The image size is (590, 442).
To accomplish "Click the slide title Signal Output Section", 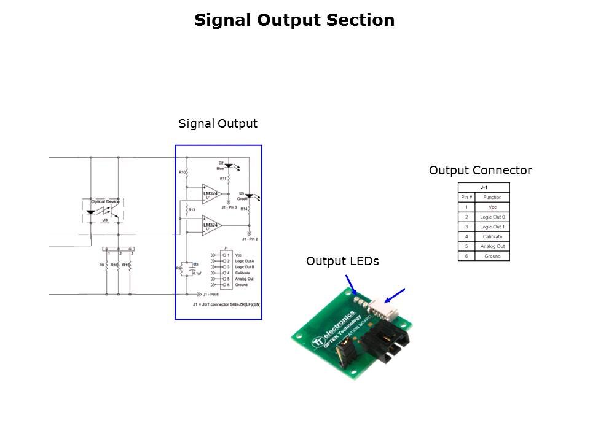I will (x=294, y=20).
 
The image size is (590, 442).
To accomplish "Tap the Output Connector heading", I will (x=480, y=170).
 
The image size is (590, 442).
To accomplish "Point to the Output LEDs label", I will (x=342, y=261).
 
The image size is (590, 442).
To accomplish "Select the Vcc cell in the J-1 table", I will (x=492, y=207).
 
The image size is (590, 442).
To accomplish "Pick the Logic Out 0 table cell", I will (x=492, y=217).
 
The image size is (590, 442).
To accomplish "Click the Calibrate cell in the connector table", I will (x=492, y=236).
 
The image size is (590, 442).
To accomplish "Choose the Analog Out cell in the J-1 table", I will (x=492, y=246).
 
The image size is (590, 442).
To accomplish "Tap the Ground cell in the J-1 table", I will (x=492, y=256).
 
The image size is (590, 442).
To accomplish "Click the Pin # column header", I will (x=466, y=197).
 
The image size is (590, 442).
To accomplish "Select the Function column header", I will (x=492, y=197).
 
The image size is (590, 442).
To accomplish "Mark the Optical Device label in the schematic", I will (x=105, y=201).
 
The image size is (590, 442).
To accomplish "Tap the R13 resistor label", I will (x=192, y=210).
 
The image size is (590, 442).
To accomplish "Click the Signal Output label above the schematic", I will (x=218, y=123).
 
